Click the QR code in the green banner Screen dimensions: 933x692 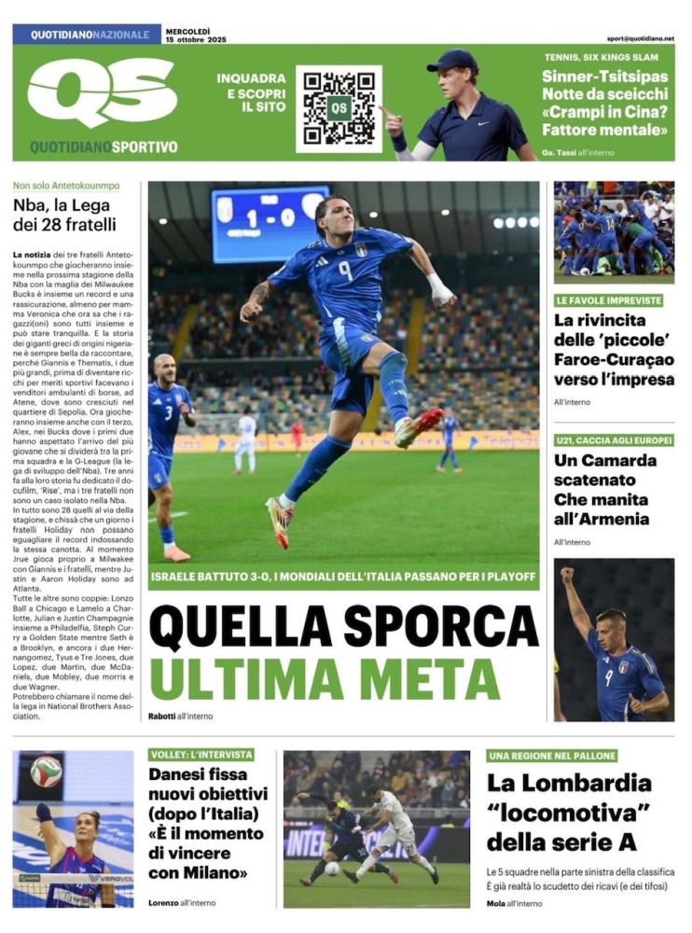(x=339, y=107)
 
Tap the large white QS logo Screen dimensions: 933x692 (x=102, y=91)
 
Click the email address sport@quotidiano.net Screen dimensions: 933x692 (x=640, y=39)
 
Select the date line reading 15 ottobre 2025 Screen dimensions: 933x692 (x=196, y=40)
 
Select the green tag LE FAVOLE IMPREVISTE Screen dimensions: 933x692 (x=609, y=300)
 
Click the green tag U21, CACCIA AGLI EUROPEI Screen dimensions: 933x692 (x=614, y=439)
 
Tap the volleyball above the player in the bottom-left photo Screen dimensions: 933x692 (x=46, y=771)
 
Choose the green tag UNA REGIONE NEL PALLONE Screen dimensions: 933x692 (x=551, y=755)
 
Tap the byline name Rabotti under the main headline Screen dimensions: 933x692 (x=161, y=716)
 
